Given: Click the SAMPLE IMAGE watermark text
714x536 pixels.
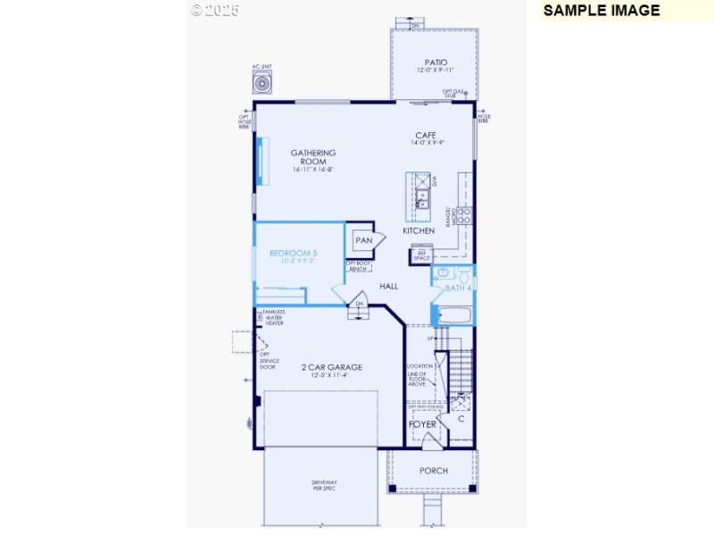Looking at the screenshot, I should pos(601,11).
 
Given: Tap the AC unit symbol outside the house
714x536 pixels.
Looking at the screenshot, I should pos(262,84).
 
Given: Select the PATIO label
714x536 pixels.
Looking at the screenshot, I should pos(435,63).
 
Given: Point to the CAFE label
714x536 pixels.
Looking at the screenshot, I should pos(426,136).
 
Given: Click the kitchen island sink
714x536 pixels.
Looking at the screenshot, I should pos(421,197).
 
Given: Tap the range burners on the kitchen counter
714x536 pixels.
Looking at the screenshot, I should pos(465,214).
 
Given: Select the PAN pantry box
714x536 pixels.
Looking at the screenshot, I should pos(364,240).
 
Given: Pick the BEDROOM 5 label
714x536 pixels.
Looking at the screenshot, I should pos(294,254).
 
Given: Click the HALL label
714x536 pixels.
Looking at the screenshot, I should pos(389,287).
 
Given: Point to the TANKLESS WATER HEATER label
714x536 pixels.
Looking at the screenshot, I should pos(273,317).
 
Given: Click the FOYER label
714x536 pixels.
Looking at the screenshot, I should pos(423,424).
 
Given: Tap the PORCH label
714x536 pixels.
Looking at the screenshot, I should pos(434,471).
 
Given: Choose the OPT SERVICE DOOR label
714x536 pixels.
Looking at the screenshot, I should pos(268,360).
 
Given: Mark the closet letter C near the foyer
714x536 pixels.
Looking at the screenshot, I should pos(461,418).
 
